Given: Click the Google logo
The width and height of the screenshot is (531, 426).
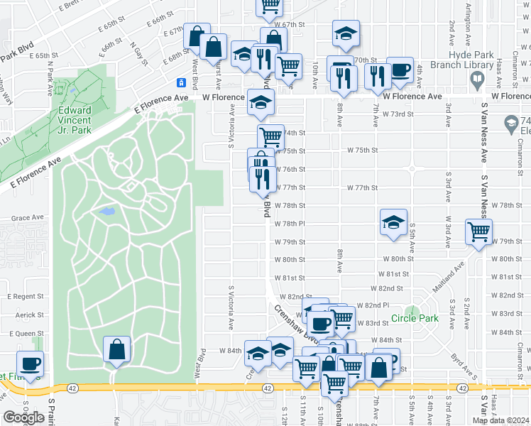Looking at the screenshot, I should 23,417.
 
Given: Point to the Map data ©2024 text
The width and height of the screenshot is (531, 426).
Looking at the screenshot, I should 500,420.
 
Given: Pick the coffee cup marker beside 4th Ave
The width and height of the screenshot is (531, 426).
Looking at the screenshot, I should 399,70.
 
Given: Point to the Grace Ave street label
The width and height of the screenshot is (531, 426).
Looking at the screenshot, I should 28,218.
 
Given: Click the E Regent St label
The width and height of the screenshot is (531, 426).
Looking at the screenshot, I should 26,295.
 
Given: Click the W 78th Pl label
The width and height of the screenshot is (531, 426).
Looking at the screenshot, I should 290,223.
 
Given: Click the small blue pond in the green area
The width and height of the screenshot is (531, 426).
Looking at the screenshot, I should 106,212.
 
